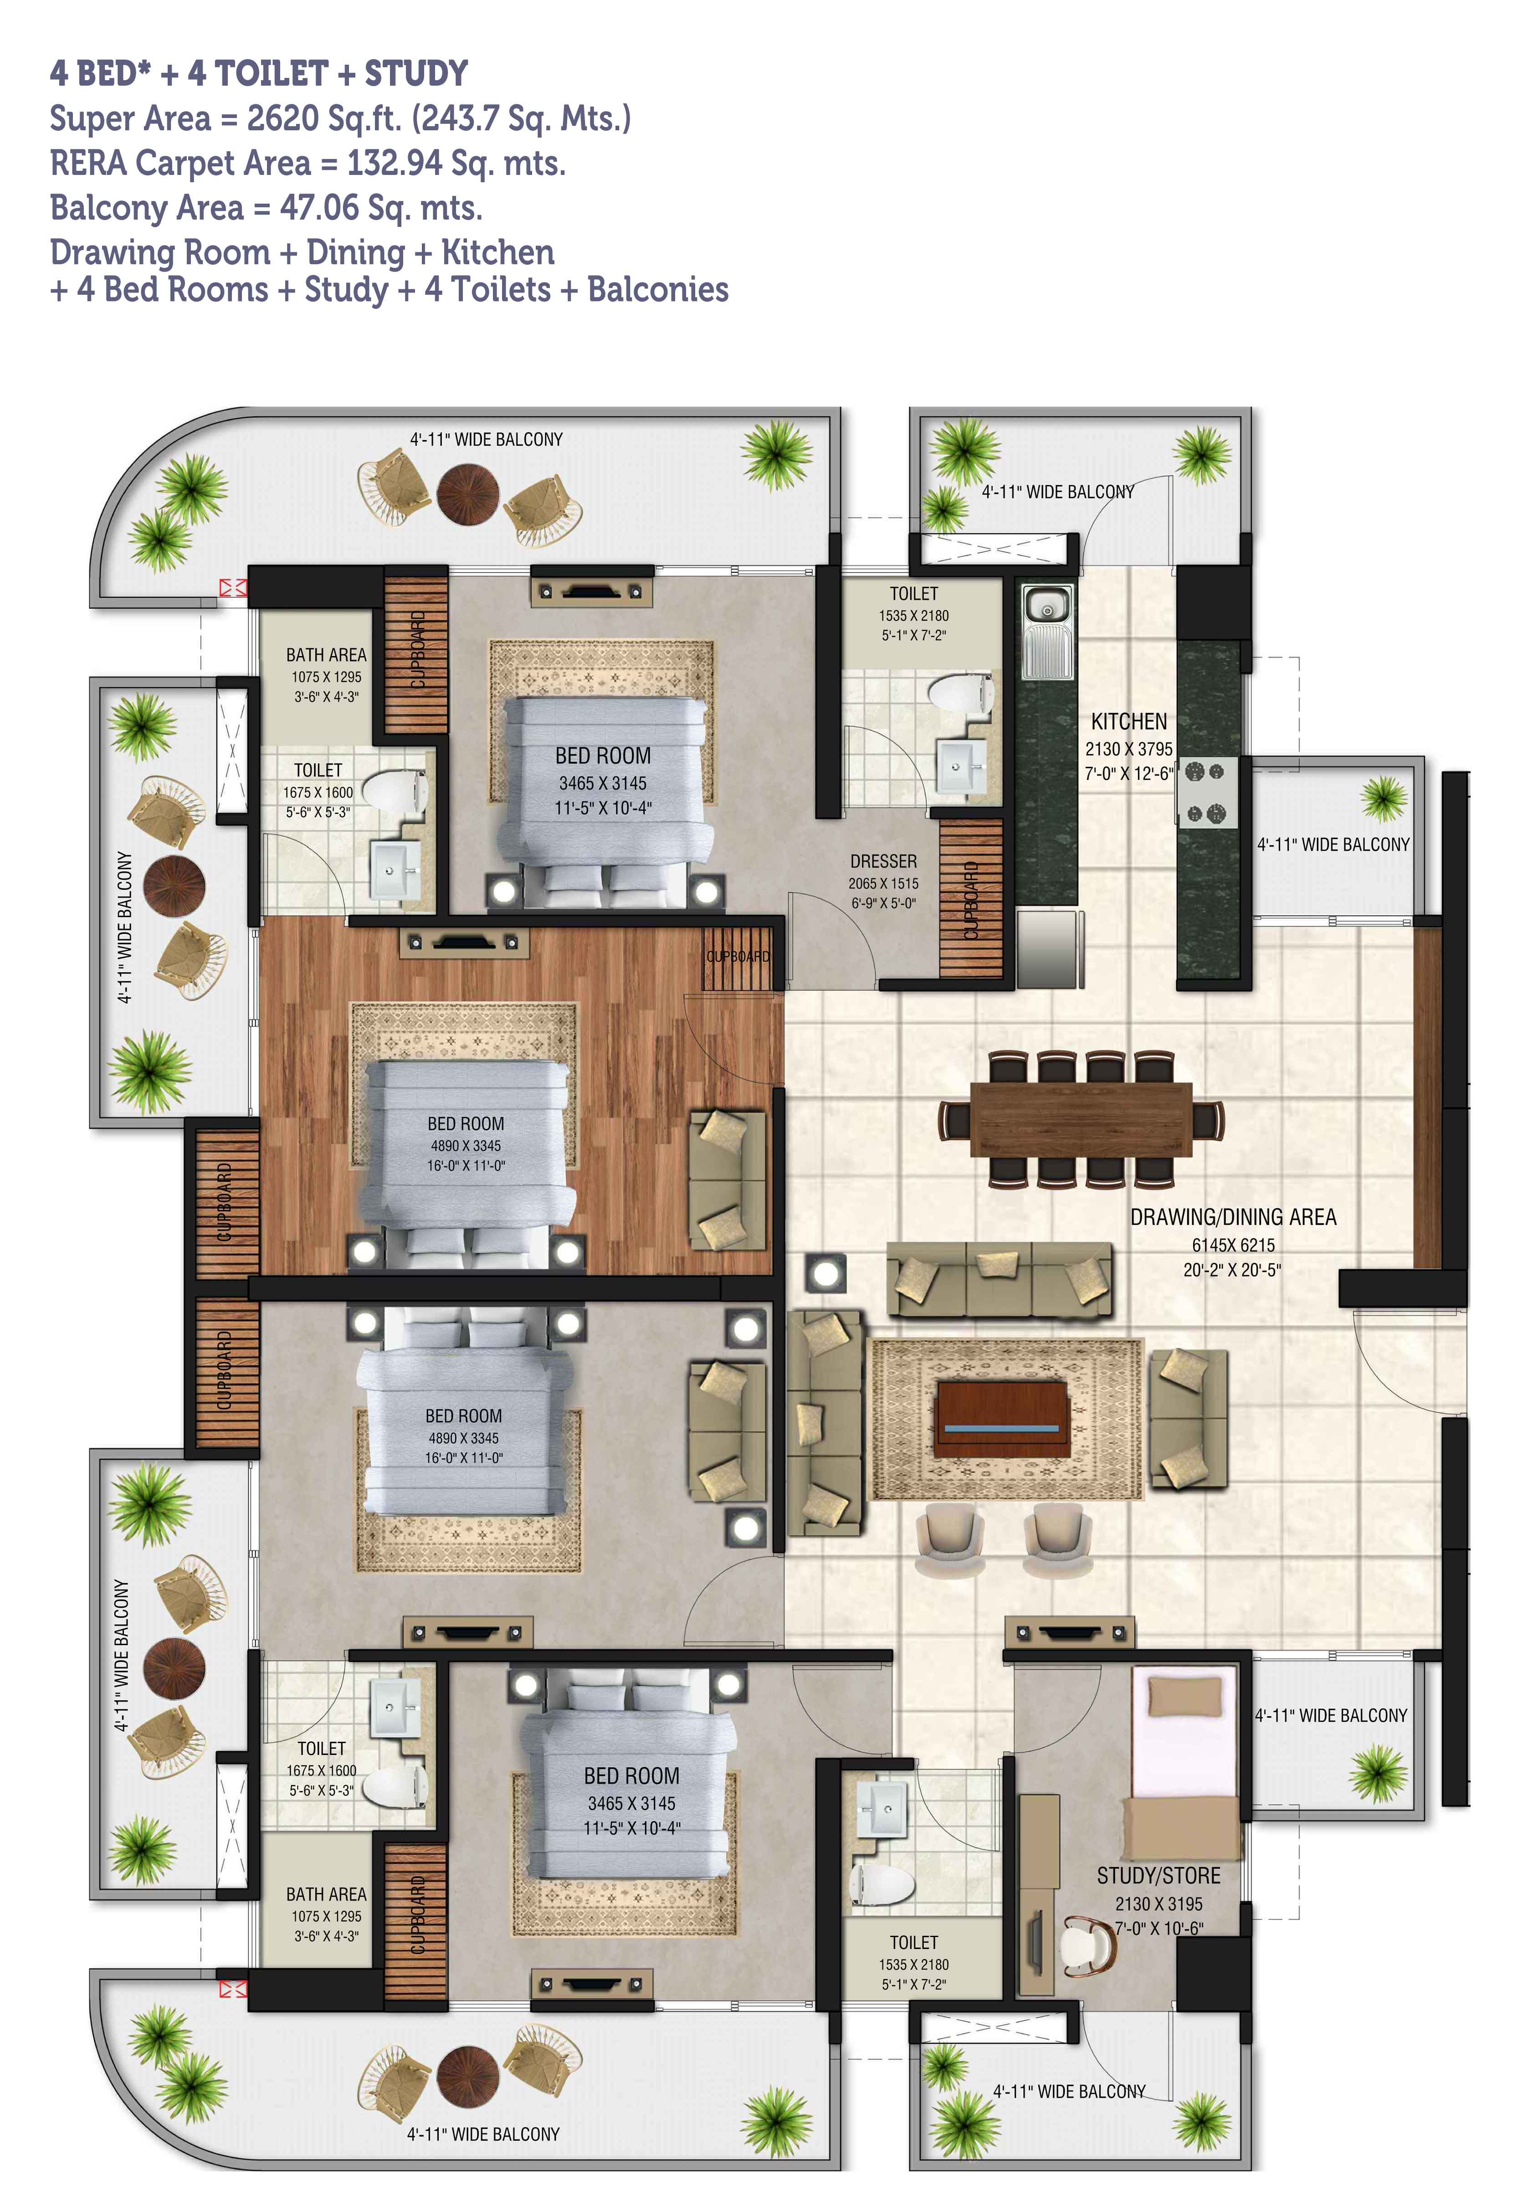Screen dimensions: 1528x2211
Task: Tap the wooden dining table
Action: pyautogui.click(x=1081, y=1120)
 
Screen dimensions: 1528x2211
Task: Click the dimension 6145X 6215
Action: pyautogui.click(x=1233, y=1245)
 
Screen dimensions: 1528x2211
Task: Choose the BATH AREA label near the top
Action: pyautogui.click(x=326, y=655)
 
